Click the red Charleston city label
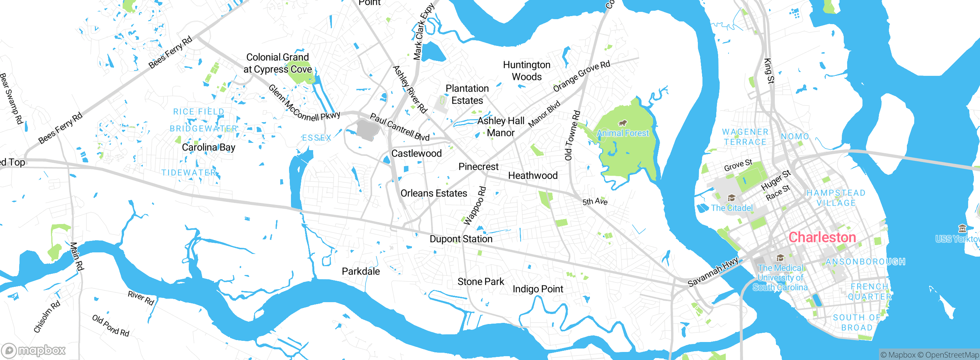pyautogui.click(x=822, y=237)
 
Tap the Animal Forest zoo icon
pyautogui.click(x=622, y=123)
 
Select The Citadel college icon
pyautogui.click(x=732, y=198)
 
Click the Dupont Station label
pyautogui.click(x=461, y=239)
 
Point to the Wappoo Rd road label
pyautogui.click(x=475, y=206)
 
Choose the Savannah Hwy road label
pyautogui.click(x=713, y=272)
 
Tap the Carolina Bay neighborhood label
pyautogui.click(x=208, y=147)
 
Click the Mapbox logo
pyautogui.click(x=34, y=350)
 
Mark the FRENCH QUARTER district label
pyautogui.click(x=869, y=291)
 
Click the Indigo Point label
pyautogui.click(x=537, y=289)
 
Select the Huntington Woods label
pyautogui.click(x=527, y=71)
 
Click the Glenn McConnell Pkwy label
pyautogui.click(x=304, y=104)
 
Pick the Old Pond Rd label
pyautogui.click(x=111, y=326)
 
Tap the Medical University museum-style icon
pyautogui.click(x=780, y=258)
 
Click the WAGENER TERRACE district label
pyautogui.click(x=745, y=137)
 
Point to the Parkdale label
pyautogui.click(x=361, y=272)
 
